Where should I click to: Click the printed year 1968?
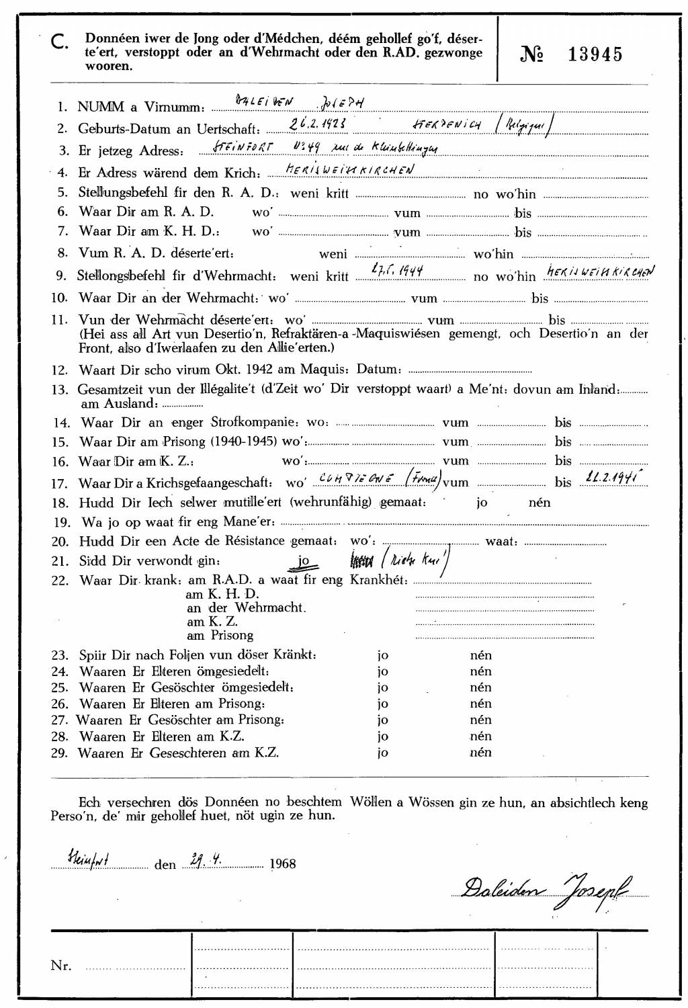282,864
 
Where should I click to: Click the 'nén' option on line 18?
540,503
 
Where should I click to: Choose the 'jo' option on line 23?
382,655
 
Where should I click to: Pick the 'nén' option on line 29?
480,752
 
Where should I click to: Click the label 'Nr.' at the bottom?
60,966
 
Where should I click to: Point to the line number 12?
60,370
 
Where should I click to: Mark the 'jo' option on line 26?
382,704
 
